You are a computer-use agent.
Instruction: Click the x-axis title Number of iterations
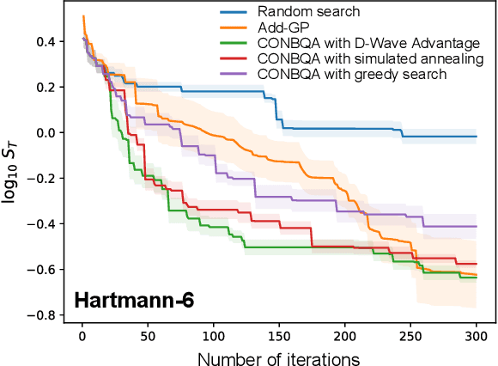point(278,356)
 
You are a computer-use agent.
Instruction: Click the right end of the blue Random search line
point(476,137)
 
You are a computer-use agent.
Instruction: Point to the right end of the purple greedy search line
point(476,226)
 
